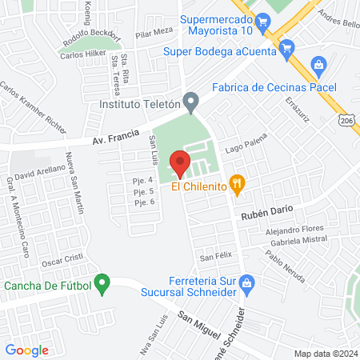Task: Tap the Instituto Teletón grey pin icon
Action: pyautogui.click(x=191, y=102)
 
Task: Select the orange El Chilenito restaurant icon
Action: pyautogui.click(x=237, y=184)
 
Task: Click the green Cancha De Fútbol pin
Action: pyautogui.click(x=102, y=282)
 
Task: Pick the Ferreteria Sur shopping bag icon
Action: pyautogui.click(x=248, y=282)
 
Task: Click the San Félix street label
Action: pyautogui.click(x=215, y=258)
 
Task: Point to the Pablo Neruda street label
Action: pyautogui.click(x=286, y=270)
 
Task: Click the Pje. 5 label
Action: pyautogui.click(x=143, y=192)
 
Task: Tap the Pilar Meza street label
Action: pyautogui.click(x=154, y=32)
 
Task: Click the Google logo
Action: pyautogui.click(x=27, y=350)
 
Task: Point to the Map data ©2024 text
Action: pyautogui.click(x=325, y=354)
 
